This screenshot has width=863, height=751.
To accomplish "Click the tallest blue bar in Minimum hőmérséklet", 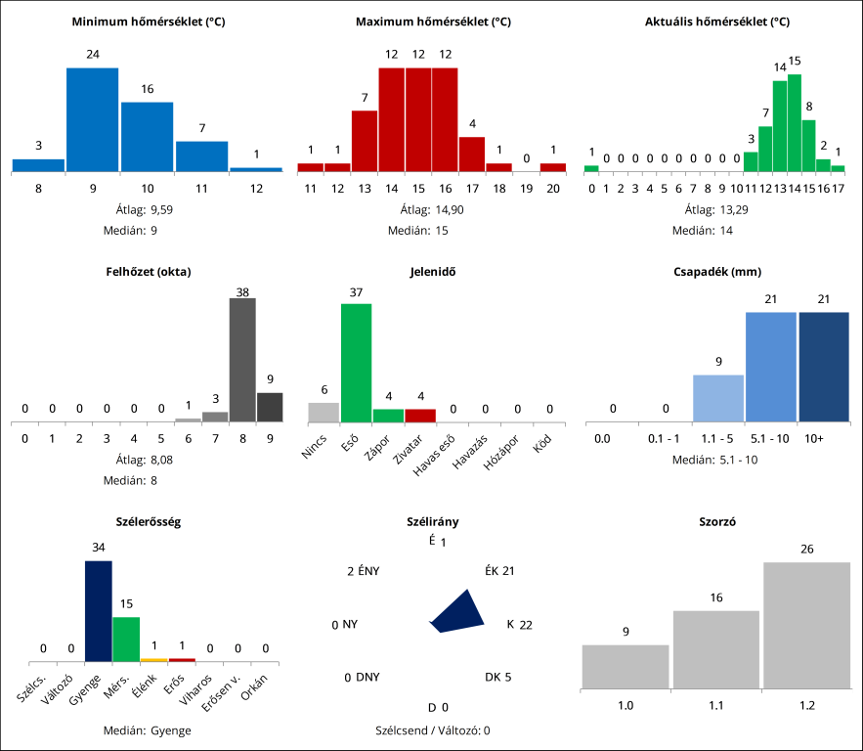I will point(92,119).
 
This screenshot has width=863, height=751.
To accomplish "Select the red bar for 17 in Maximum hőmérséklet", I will point(472,154).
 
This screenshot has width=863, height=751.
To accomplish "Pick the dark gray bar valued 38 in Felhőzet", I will point(242,360).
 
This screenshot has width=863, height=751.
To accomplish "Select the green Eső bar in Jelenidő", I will point(356,363).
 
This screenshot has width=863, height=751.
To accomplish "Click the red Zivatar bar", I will point(420,416).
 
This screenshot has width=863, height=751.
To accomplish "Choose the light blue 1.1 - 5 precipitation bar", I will point(718,398).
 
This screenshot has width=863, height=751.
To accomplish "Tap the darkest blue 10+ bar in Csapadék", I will point(824,367).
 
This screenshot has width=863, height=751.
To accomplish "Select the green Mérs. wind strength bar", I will point(126,639).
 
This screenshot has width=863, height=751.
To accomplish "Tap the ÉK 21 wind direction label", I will point(499,571).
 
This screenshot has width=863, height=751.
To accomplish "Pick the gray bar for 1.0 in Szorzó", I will point(626,666).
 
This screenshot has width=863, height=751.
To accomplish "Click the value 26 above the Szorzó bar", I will point(806,550).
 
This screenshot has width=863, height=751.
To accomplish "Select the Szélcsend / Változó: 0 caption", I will point(432,730).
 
